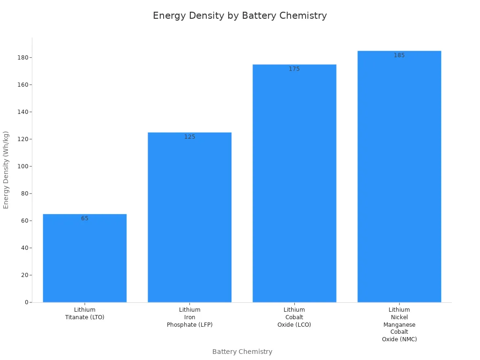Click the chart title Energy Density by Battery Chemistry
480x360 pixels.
click(240, 15)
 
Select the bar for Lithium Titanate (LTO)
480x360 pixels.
click(84, 258)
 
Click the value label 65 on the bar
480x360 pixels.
click(84, 218)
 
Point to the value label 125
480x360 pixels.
click(189, 137)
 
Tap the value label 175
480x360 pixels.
click(294, 69)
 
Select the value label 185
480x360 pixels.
click(399, 55)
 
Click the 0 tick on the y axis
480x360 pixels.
click(27, 302)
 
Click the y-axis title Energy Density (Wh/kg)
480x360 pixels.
click(6, 170)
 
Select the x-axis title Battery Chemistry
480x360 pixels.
click(242, 352)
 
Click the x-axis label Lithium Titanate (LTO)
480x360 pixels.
click(84, 314)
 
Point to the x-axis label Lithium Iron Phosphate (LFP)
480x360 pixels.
click(189, 317)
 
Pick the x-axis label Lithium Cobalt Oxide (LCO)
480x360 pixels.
click(294, 317)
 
